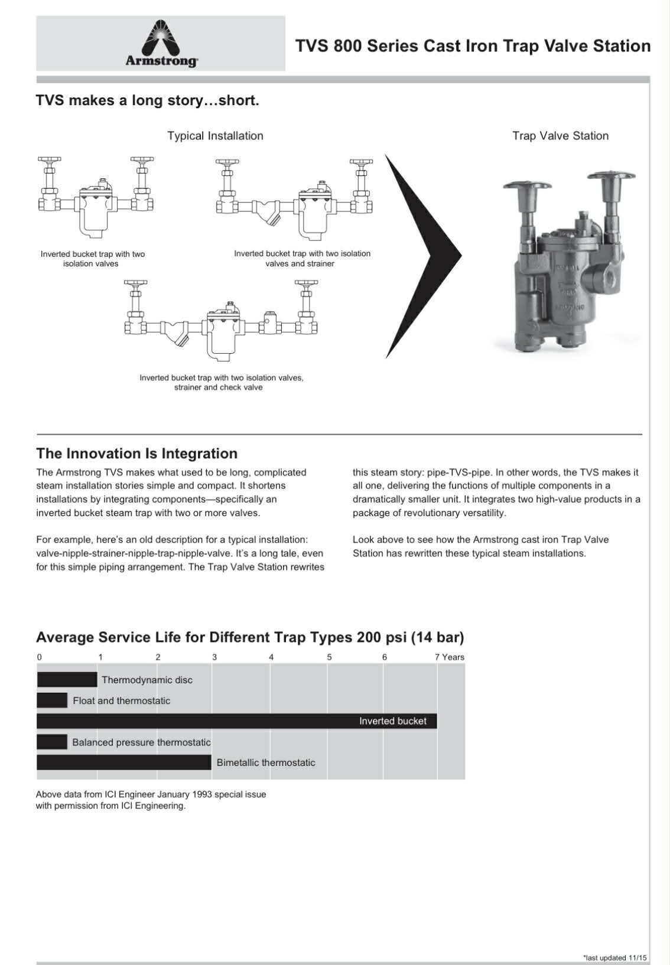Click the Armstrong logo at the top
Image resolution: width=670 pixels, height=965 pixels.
(161, 44)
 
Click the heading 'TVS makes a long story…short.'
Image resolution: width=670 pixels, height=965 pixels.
(147, 100)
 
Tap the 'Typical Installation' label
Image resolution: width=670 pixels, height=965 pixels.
(215, 136)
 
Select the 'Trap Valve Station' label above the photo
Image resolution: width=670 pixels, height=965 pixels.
(560, 136)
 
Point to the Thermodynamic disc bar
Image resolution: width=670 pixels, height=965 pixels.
(67, 680)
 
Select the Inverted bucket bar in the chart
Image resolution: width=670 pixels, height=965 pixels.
(236, 721)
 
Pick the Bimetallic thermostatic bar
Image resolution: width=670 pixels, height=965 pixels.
(123, 762)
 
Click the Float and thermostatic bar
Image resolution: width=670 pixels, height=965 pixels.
(52, 700)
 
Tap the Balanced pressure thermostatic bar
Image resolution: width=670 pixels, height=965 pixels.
(52, 742)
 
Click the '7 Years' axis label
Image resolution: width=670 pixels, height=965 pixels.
(450, 657)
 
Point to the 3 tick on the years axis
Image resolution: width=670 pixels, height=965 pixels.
(214, 657)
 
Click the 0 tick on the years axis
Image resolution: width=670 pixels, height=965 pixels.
(40, 657)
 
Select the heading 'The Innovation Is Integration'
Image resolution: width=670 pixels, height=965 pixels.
(136, 454)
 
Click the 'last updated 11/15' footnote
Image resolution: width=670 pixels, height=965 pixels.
(614, 958)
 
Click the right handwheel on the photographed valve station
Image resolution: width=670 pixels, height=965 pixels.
(610, 177)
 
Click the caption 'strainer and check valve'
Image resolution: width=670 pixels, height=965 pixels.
(218, 387)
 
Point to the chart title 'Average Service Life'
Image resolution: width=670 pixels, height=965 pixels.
(250, 638)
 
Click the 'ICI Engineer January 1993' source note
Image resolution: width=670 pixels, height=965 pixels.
(151, 794)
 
